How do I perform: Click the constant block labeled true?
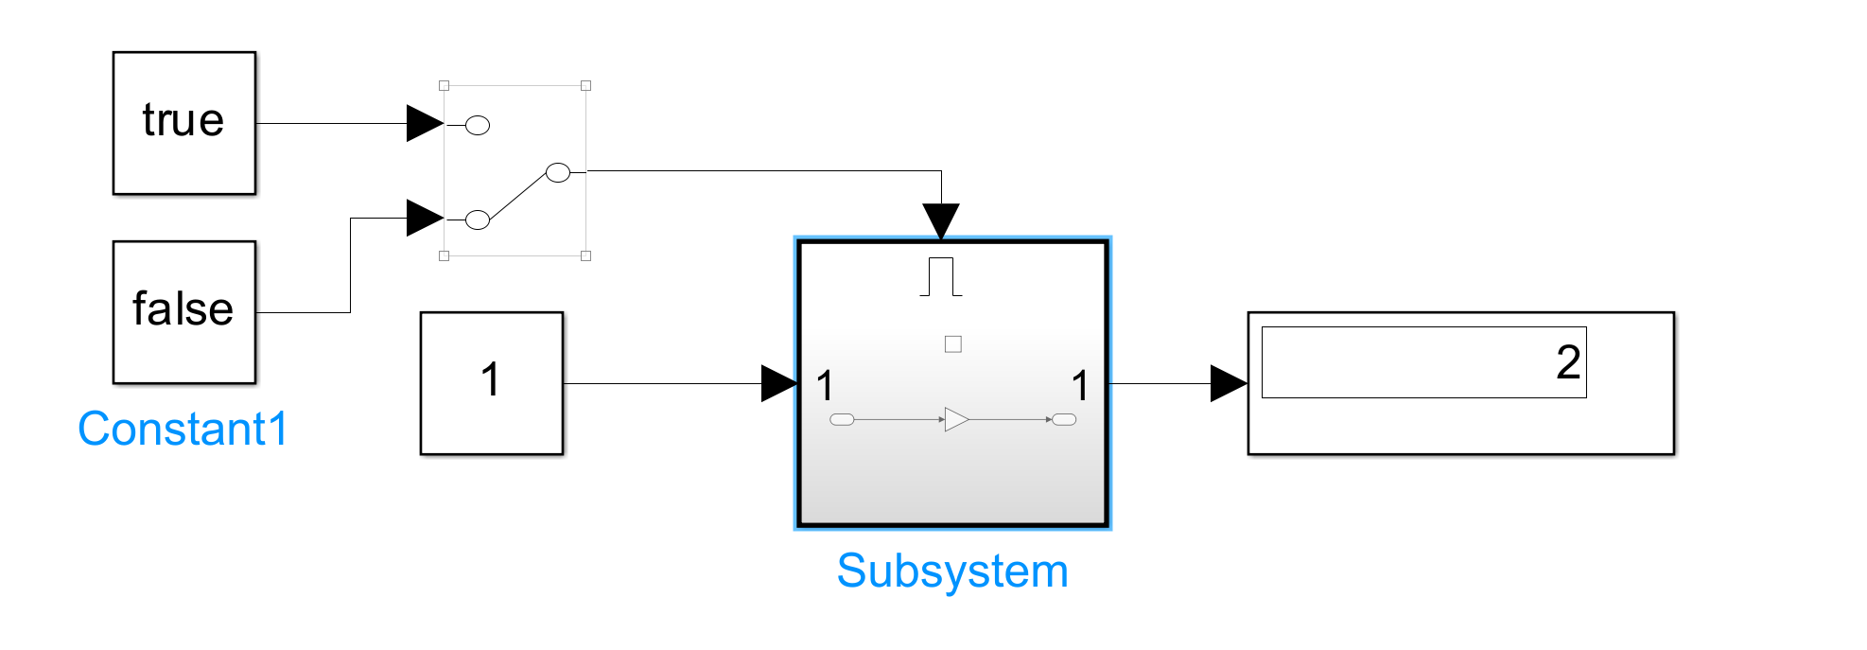[x=183, y=123]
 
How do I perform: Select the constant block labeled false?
[x=183, y=311]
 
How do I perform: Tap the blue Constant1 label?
[x=183, y=429]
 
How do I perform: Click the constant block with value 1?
[x=491, y=382]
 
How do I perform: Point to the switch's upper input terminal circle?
[x=478, y=125]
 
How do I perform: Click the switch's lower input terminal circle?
[x=478, y=220]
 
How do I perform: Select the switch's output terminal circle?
[x=558, y=172]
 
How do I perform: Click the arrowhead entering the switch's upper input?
[x=424, y=123]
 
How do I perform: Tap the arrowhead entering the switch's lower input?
[x=424, y=218]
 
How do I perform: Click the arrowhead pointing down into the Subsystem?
[x=941, y=220]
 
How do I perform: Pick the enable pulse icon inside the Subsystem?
[x=941, y=276]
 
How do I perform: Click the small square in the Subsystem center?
[x=953, y=344]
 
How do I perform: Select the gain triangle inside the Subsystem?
[x=956, y=419]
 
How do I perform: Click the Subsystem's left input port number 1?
[x=825, y=386]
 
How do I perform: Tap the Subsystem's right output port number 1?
[x=1080, y=386]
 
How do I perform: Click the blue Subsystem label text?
[x=952, y=571]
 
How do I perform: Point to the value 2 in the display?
[x=1568, y=362]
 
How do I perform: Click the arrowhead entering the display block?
[x=1228, y=383]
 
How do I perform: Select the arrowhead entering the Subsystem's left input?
[x=778, y=383]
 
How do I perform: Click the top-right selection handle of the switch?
[x=585, y=85]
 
